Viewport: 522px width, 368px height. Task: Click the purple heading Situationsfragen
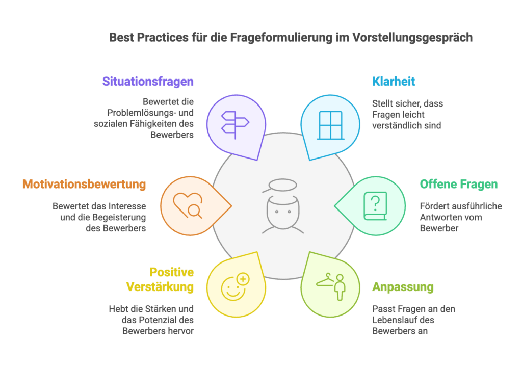tap(148, 82)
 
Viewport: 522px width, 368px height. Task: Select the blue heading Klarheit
tap(394, 82)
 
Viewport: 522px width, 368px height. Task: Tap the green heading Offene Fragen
tap(459, 184)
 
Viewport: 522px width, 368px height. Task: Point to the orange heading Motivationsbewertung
tap(84, 185)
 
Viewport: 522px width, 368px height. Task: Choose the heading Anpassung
tap(403, 287)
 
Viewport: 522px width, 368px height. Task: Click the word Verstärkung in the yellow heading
tap(160, 287)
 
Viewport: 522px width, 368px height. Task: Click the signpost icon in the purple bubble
tap(236, 125)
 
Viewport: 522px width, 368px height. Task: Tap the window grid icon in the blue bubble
tap(330, 125)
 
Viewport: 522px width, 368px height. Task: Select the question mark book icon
tap(375, 206)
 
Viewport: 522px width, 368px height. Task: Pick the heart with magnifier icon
tap(188, 205)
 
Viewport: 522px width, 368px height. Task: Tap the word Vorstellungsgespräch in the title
tap(412, 38)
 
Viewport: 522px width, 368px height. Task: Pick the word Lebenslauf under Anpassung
tap(403, 320)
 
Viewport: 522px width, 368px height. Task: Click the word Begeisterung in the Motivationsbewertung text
tap(119, 217)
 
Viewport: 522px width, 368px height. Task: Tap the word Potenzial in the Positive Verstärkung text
tap(158, 320)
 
